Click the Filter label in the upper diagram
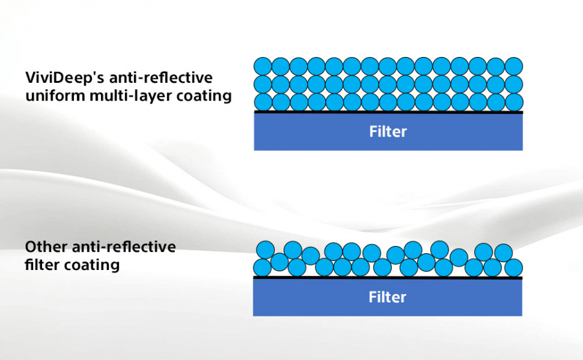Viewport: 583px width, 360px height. (x=388, y=132)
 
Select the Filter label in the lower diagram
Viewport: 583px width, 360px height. (x=387, y=298)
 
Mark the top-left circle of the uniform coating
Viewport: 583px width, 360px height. (x=262, y=66)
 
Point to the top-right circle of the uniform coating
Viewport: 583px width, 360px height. (x=514, y=66)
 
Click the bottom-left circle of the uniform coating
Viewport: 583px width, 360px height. (x=262, y=102)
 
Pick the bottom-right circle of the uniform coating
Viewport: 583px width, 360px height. (x=514, y=102)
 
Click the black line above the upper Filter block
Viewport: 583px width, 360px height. (x=388, y=113)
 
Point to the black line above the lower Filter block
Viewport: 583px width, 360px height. (x=387, y=278)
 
